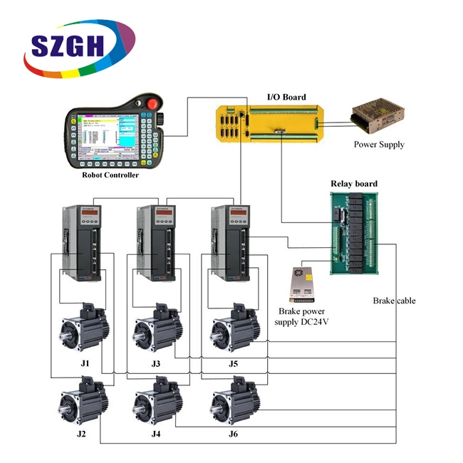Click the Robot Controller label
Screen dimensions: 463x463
pyautogui.click(x=110, y=175)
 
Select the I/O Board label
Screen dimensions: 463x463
pyautogui.click(x=286, y=98)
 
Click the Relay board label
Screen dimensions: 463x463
pyautogui.click(x=354, y=184)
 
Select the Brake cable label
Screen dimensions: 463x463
pyautogui.click(x=394, y=301)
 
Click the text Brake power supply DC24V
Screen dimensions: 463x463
pyautogui.click(x=304, y=317)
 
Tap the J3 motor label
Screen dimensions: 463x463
pyautogui.click(x=155, y=364)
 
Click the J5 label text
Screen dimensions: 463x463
pyautogui.click(x=233, y=364)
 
